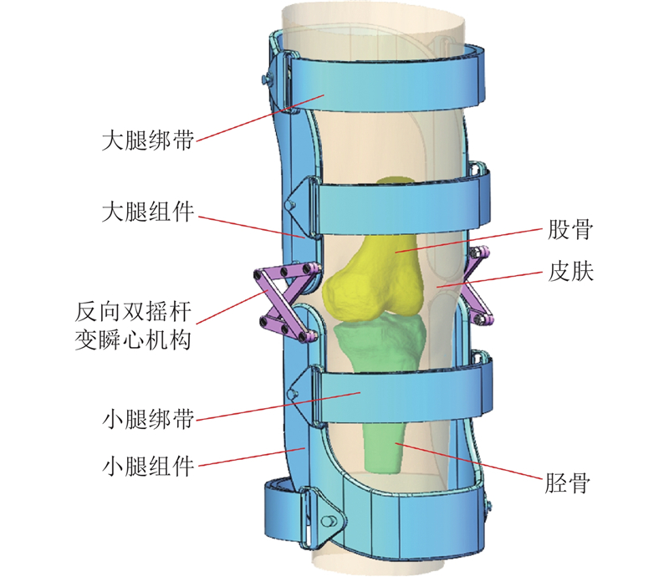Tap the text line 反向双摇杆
tap(144, 314)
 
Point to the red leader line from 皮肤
tap(493, 278)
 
